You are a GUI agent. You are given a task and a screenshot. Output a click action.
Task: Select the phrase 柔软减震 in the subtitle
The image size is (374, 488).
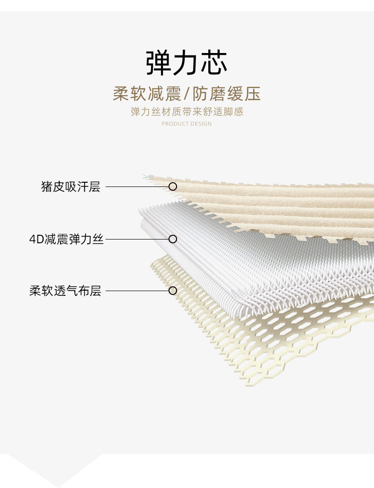click(x=147, y=94)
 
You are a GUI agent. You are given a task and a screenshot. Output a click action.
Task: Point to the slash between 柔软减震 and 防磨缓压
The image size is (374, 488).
click(x=187, y=94)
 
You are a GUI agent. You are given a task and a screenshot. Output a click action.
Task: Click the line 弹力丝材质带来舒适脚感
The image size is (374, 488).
click(x=187, y=112)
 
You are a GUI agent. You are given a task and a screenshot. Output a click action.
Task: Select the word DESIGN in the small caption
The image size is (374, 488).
click(x=202, y=124)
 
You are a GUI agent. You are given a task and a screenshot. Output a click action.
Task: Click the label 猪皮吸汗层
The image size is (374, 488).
click(x=71, y=186)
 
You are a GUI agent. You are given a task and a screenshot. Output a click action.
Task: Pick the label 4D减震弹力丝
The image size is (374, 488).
click(x=66, y=239)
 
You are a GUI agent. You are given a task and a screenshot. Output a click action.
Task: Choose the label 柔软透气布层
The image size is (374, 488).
click(x=65, y=291)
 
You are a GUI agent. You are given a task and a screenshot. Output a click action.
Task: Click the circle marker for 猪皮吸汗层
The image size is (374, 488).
click(x=173, y=186)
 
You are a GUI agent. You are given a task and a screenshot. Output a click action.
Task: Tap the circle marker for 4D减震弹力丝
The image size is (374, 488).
click(x=173, y=239)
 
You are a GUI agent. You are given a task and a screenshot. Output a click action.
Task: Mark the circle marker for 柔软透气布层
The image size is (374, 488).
click(x=173, y=291)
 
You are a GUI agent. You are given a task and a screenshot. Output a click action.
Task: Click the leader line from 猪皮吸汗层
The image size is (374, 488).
click(x=137, y=186)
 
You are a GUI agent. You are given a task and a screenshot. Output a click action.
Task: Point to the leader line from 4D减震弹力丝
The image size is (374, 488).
click(x=137, y=239)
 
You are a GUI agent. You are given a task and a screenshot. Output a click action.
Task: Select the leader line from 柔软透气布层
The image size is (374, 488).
click(x=137, y=291)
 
